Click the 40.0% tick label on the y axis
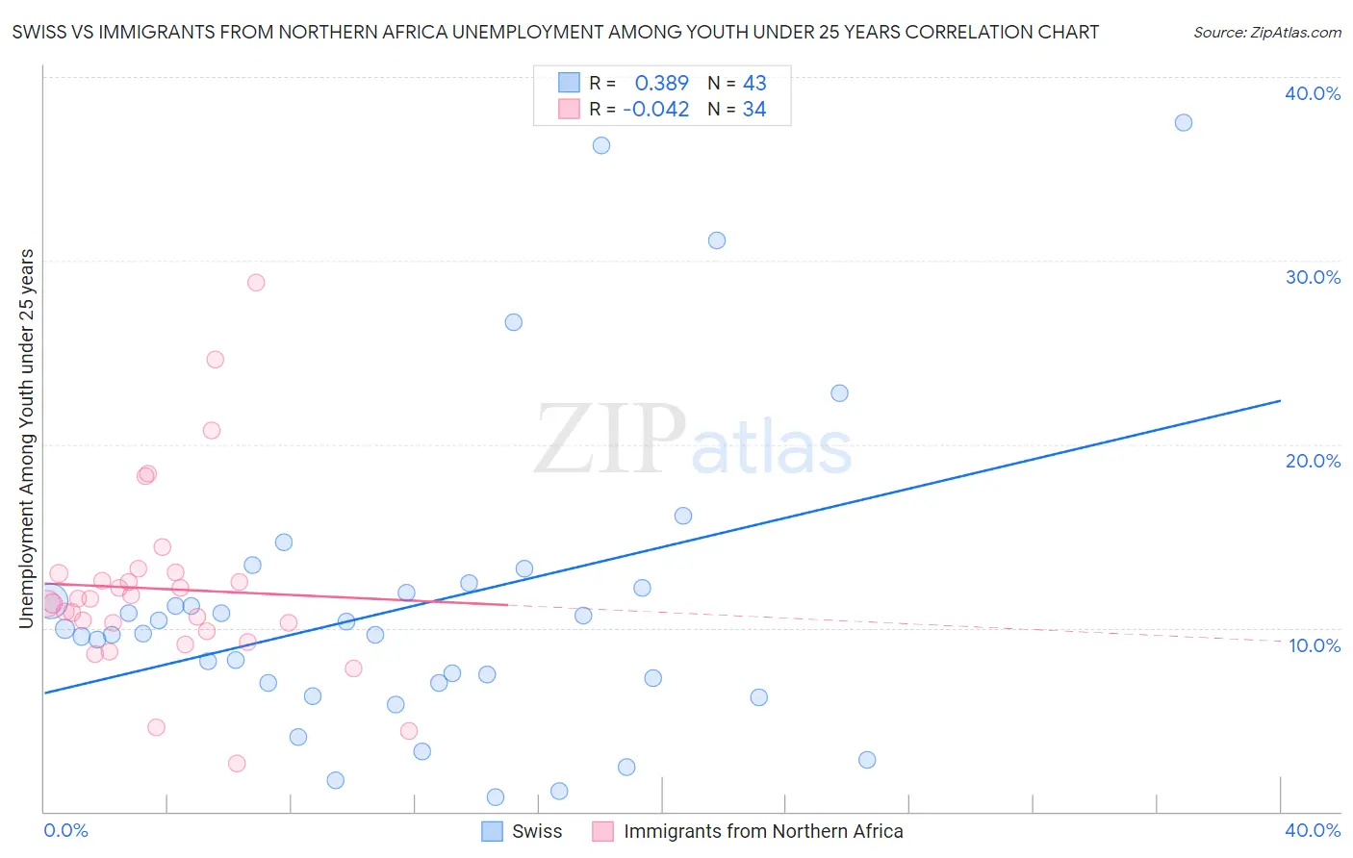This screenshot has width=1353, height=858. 1313,93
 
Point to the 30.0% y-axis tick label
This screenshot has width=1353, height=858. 1313,277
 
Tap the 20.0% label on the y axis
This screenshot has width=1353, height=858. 1313,461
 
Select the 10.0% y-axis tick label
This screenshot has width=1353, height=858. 1315,645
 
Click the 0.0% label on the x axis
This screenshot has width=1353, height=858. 66,830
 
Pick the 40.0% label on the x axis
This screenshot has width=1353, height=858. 1313,830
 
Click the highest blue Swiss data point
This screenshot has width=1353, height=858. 1184,122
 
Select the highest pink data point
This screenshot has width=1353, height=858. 256,283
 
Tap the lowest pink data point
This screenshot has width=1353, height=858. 237,764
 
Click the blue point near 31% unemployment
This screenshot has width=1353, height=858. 717,240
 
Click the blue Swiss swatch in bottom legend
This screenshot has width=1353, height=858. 493,831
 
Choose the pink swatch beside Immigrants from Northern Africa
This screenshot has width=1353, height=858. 603,831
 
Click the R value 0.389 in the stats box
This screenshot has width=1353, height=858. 662,83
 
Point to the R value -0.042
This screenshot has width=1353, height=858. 656,110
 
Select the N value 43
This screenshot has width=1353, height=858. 754,83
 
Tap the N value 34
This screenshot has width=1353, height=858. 754,110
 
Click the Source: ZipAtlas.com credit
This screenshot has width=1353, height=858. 1266,33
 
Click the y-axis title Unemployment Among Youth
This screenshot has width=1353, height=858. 26,439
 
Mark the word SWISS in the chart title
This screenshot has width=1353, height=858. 38,33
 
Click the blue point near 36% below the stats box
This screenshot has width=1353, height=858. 601,145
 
